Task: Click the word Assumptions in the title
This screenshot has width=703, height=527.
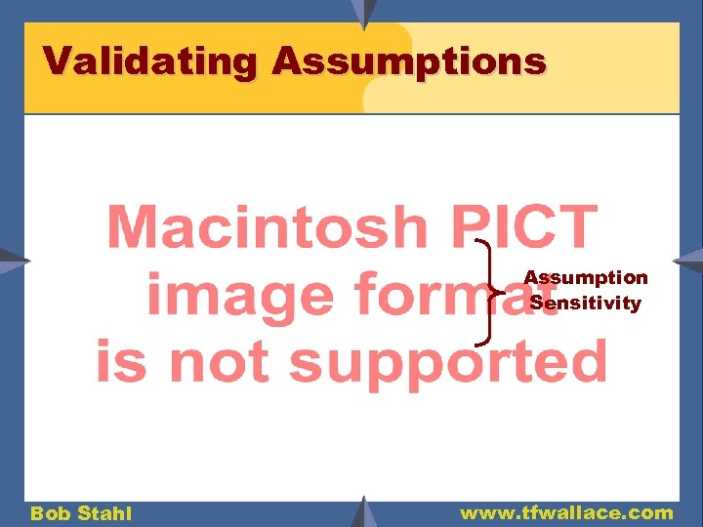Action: [x=409, y=62]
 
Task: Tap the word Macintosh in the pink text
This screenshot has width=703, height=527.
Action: [x=267, y=228]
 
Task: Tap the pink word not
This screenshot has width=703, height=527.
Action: [x=215, y=361]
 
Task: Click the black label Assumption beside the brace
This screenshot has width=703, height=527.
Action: [x=585, y=278]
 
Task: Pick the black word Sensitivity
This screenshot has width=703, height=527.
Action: [x=585, y=303]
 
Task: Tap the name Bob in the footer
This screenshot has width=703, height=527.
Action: [x=50, y=513]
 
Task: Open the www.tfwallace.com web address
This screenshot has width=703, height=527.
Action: [x=566, y=512]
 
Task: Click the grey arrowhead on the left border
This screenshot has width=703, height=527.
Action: [x=15, y=262]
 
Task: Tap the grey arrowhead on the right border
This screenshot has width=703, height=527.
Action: [x=688, y=261]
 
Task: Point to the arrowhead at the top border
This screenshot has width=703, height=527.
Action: [x=363, y=12]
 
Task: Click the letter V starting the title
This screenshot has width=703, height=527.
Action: [x=57, y=61]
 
